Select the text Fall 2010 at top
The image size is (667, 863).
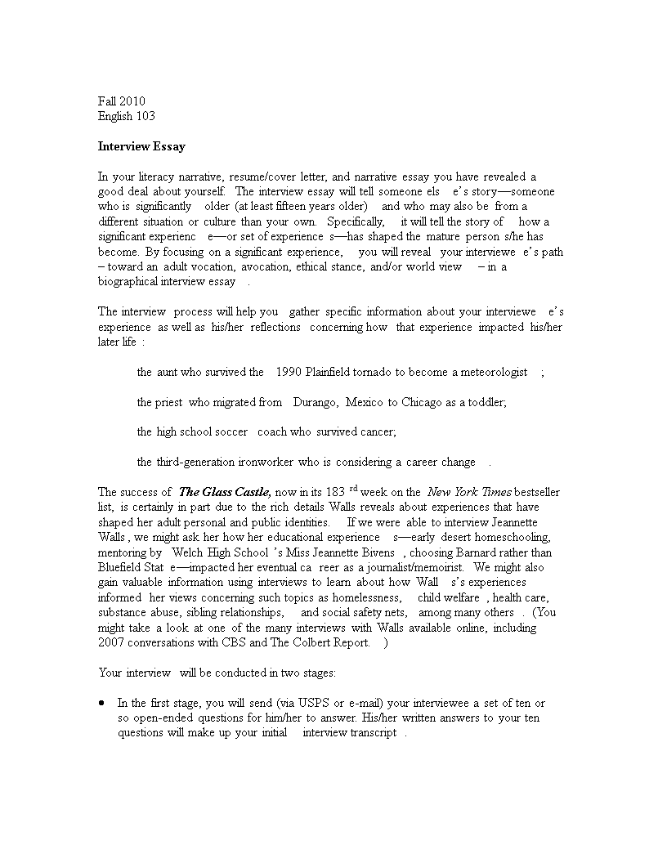121,101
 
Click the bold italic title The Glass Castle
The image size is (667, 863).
213,492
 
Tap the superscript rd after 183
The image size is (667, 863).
354,489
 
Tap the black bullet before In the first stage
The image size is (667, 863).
101,703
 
